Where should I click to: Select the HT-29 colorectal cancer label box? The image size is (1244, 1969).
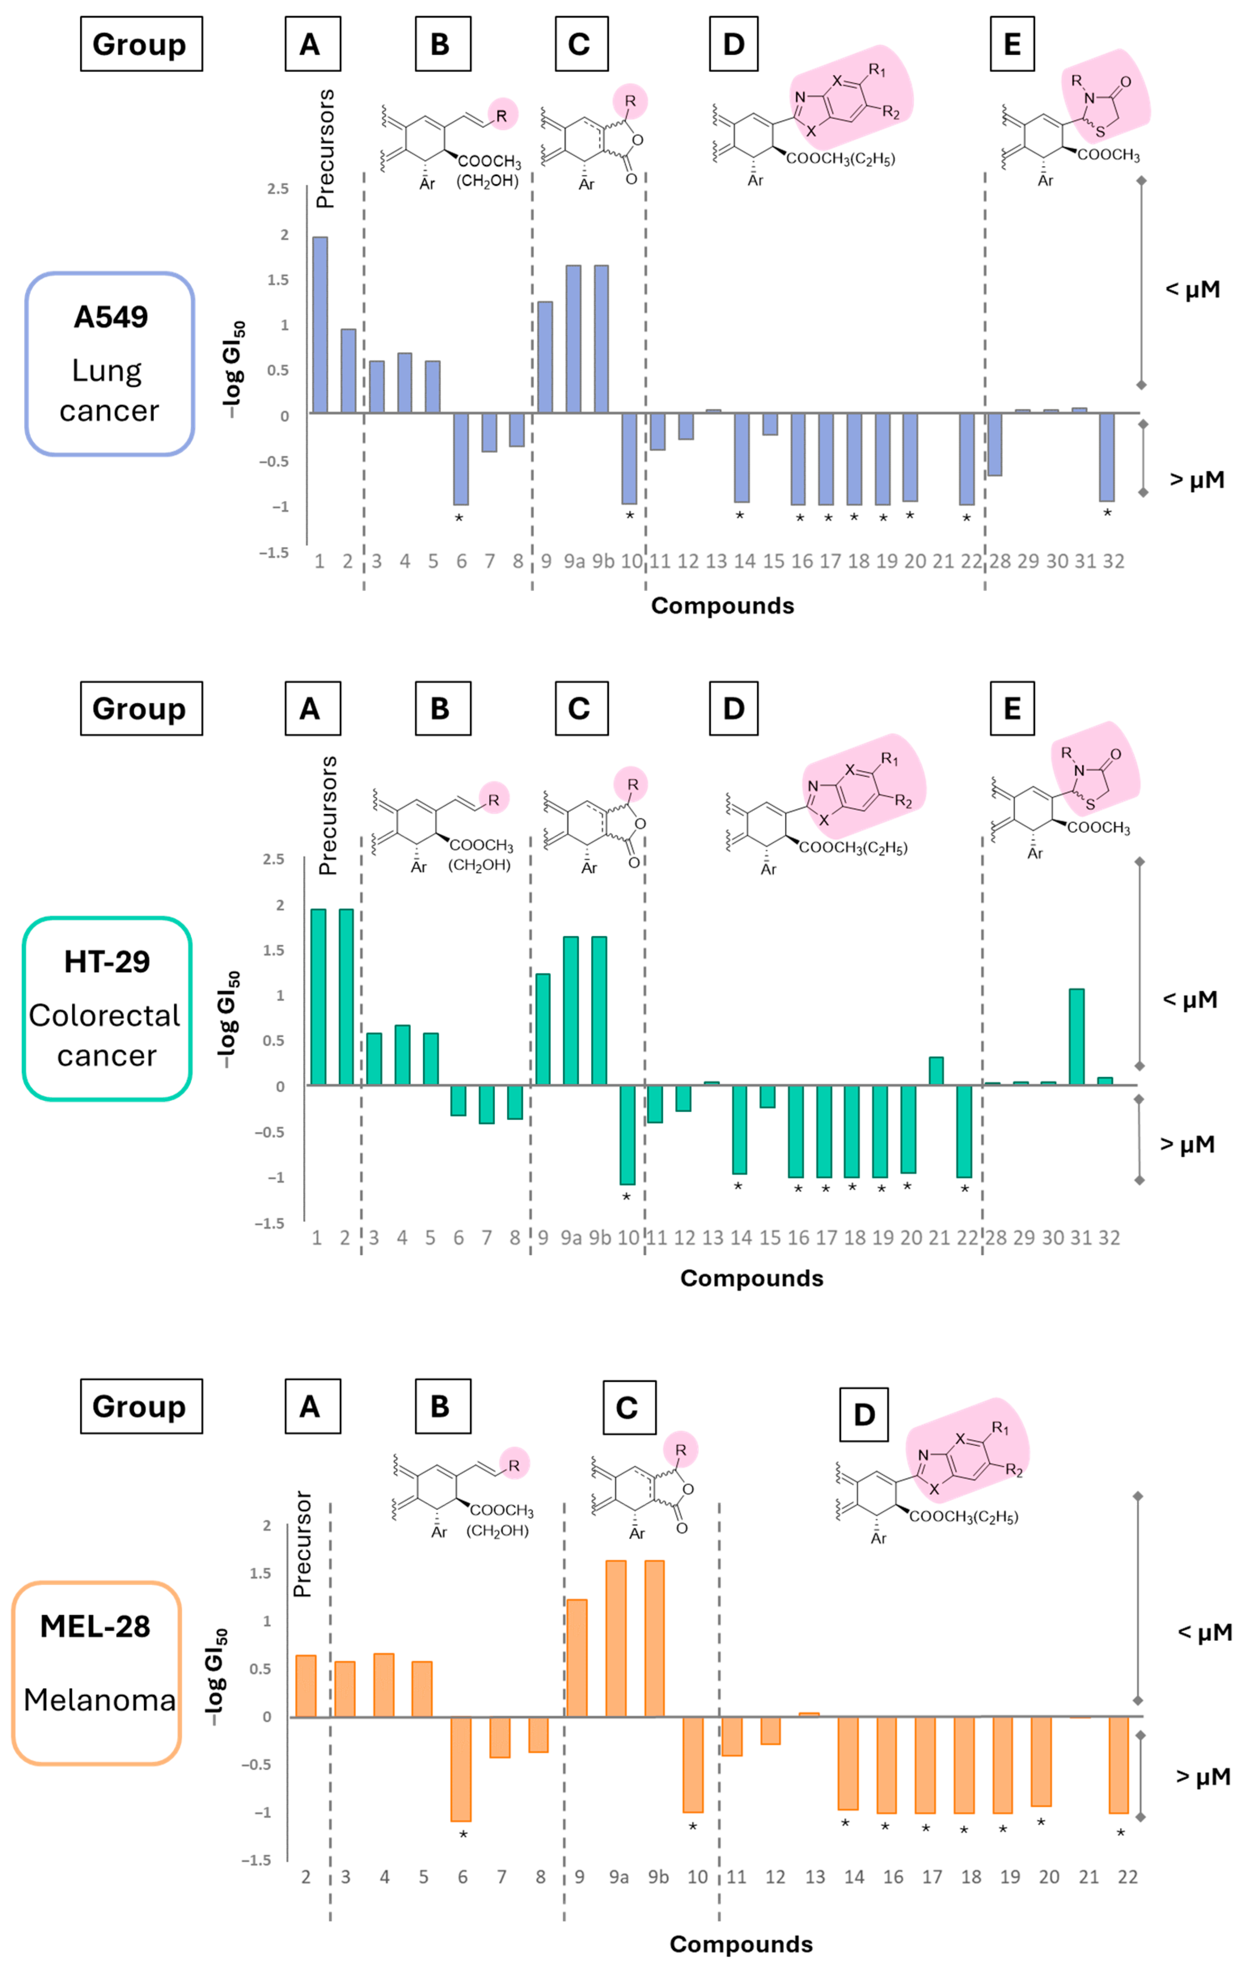point(107,1008)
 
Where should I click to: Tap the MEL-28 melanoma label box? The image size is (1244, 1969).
point(97,1673)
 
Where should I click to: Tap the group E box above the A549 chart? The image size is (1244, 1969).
point(1012,44)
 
